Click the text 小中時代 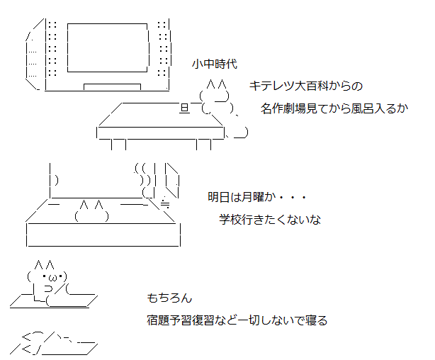[215, 64]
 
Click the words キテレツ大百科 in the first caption [289, 86]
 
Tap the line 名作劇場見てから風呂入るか [334, 108]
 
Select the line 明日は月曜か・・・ [257, 197]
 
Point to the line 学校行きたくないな [270, 220]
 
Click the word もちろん [169, 298]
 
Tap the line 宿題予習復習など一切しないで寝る [237, 320]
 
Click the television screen [108, 47]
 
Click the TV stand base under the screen [112, 87]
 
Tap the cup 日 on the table [185, 108]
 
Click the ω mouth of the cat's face [52, 277]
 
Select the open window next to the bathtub [172, 181]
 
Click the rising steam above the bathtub [144, 180]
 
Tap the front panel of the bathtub [103, 235]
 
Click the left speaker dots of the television [52, 48]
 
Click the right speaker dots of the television [163, 48]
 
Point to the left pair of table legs [119, 145]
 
